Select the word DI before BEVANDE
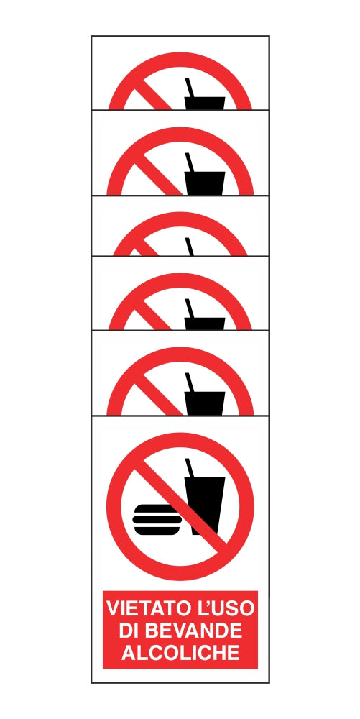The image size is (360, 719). [128, 631]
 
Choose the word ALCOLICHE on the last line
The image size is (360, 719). [180, 653]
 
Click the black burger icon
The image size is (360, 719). [157, 519]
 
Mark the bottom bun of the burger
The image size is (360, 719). [157, 530]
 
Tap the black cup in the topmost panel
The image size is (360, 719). [205, 103]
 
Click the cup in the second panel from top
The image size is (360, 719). [205, 183]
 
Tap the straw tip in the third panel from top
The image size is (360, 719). [187, 238]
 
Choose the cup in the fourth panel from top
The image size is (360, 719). [205, 324]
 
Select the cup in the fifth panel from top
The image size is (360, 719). [205, 403]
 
